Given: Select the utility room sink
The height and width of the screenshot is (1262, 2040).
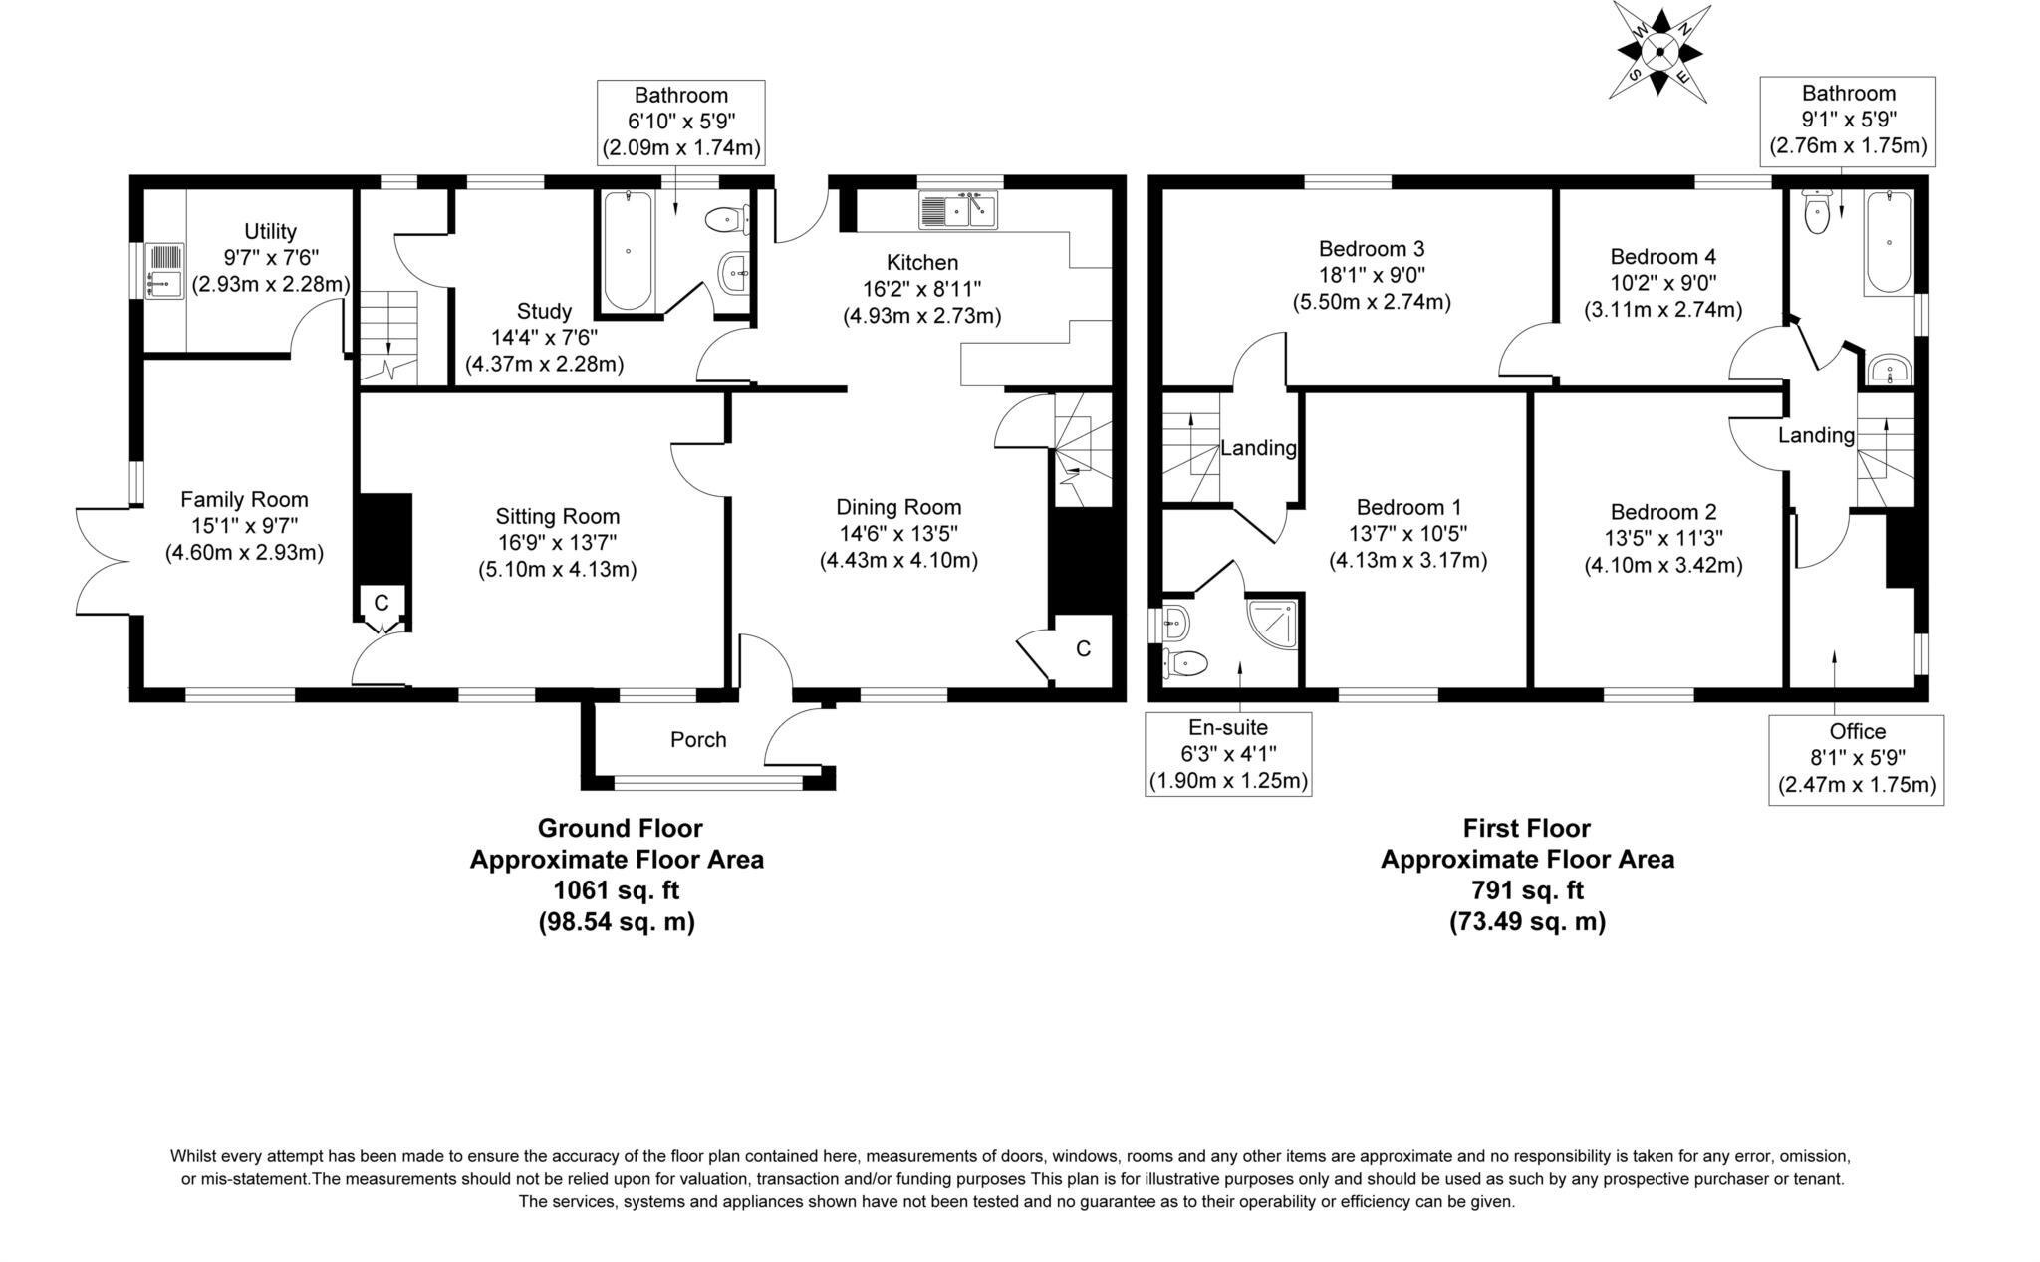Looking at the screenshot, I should coord(158,270).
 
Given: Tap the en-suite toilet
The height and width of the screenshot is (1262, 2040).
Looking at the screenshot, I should coord(1185,661).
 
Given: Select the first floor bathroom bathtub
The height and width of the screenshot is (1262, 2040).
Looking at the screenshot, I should coord(1889,242).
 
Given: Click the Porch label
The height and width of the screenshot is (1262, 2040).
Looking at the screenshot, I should coord(698,740).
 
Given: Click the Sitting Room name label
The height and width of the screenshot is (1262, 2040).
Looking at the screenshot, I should coord(558,516).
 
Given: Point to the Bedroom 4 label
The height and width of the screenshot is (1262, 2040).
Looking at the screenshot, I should coord(1662,256).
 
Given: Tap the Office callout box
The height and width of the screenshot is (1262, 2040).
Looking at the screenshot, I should coord(1857,759).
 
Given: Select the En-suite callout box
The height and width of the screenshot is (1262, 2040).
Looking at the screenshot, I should coord(1228,754).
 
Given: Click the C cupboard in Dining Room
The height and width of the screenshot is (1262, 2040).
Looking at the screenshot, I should coord(1083,649).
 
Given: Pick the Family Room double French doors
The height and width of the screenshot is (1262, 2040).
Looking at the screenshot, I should coord(105,561).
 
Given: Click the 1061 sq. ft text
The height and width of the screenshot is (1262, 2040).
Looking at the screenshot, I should coord(617,889).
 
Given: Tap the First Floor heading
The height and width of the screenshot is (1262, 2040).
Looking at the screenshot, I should coord(1526,828).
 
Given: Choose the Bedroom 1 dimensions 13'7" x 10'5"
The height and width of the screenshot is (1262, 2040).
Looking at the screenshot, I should coord(1407,534).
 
